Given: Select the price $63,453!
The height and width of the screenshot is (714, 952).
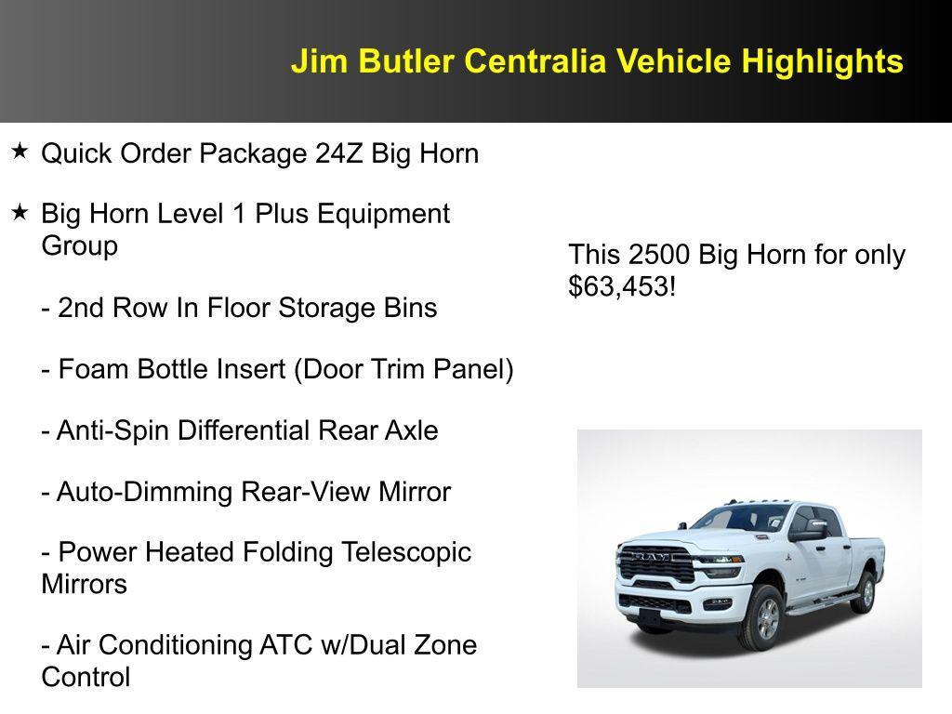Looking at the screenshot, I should [x=622, y=286].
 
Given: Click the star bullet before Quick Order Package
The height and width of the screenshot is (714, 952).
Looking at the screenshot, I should [x=20, y=151].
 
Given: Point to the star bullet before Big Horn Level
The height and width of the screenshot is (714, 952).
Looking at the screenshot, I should [x=20, y=213].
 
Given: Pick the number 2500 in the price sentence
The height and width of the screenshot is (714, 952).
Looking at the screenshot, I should [x=659, y=255].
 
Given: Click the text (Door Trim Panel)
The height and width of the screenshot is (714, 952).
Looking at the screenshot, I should [x=403, y=369].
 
